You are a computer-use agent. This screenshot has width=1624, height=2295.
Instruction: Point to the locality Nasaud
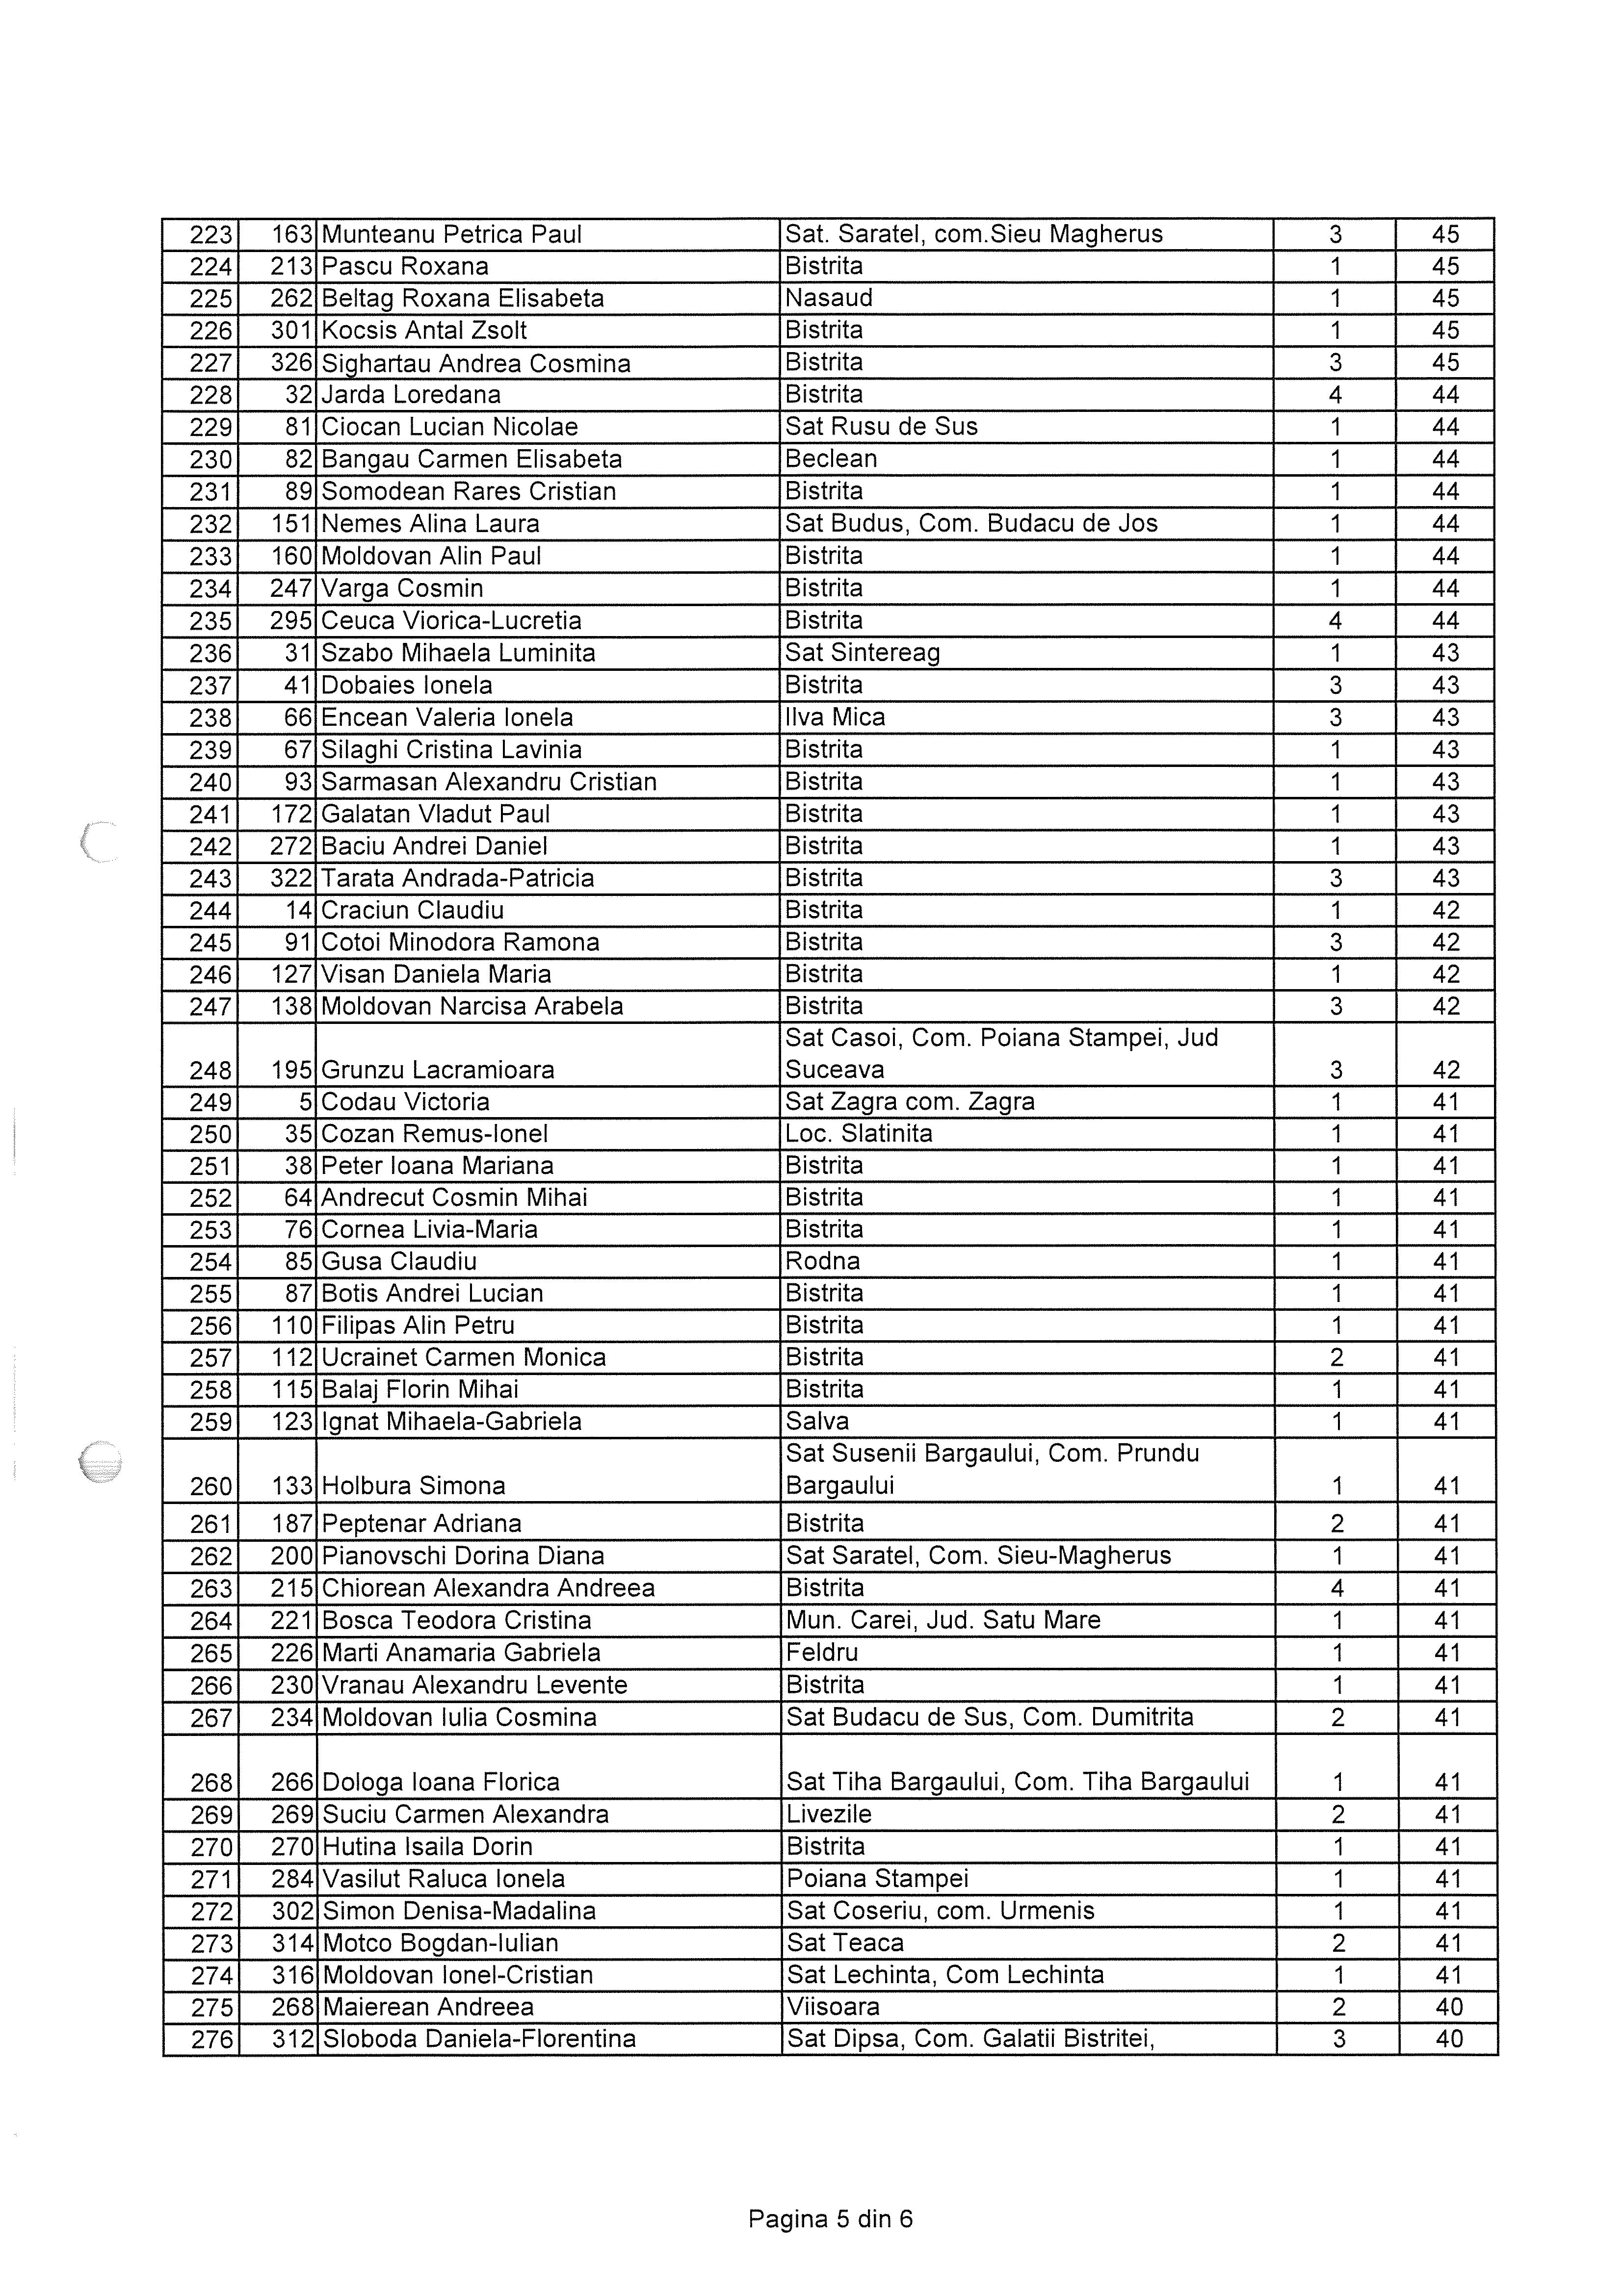pyautogui.click(x=829, y=299)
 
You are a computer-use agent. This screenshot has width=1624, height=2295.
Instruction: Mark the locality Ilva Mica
pyautogui.click(x=835, y=718)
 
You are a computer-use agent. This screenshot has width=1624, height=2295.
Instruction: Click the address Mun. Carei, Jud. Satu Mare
pyautogui.click(x=943, y=1620)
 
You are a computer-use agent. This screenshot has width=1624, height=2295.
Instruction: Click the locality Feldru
pyautogui.click(x=822, y=1652)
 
